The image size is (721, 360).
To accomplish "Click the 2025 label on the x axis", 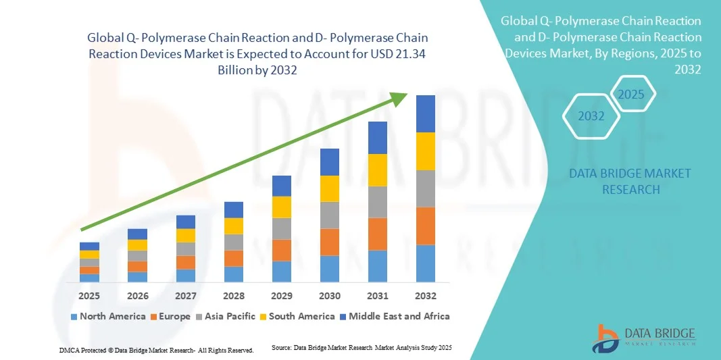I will click(x=89, y=296).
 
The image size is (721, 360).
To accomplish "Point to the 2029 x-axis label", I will click(x=281, y=296).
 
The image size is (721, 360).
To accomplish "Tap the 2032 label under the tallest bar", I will click(x=426, y=296).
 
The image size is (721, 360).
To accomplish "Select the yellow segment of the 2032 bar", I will click(x=426, y=151).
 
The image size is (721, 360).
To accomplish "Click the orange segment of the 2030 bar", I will click(x=329, y=242).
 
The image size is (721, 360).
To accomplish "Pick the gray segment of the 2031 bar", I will click(x=377, y=202).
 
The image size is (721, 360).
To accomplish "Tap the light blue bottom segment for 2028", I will click(x=234, y=274).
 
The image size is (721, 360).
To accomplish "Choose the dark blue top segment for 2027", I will click(x=186, y=222).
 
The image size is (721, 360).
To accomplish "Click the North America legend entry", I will click(x=107, y=316).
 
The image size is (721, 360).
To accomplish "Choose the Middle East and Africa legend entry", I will click(x=394, y=316).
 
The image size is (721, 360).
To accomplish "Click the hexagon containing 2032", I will click(x=591, y=116).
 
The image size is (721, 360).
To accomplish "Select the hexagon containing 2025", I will click(x=632, y=94).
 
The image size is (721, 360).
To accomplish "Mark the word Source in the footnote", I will click(x=281, y=347).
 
